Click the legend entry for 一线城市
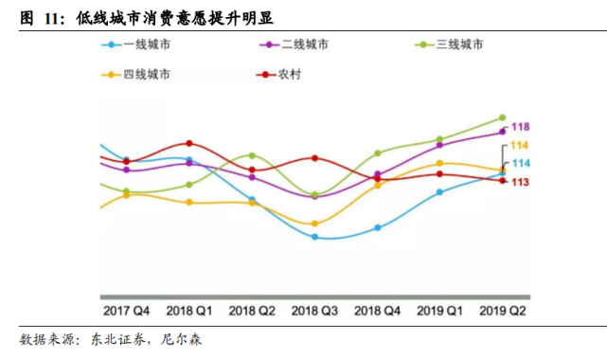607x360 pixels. point(135,45)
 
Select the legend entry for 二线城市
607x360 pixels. point(295,45)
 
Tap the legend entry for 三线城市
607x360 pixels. point(449,45)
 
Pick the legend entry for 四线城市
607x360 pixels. point(135,74)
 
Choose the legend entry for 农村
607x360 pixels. point(278,74)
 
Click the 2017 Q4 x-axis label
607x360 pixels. point(126,311)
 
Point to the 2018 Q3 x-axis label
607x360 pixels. point(314,311)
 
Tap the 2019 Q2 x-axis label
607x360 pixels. point(503,311)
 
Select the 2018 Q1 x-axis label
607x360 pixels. point(188,311)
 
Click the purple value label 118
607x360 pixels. point(520,127)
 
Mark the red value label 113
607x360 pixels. point(520,182)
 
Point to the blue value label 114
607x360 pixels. point(521,163)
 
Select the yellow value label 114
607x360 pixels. point(519,146)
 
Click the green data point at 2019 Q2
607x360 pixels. point(503,117)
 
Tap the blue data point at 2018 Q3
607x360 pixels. point(314,237)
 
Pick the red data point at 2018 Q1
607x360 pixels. point(188,143)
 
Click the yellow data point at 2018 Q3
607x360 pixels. point(314,224)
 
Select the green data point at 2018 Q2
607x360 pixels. point(252,155)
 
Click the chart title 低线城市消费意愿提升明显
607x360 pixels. point(175,18)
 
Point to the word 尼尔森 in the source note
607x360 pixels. point(181,339)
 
